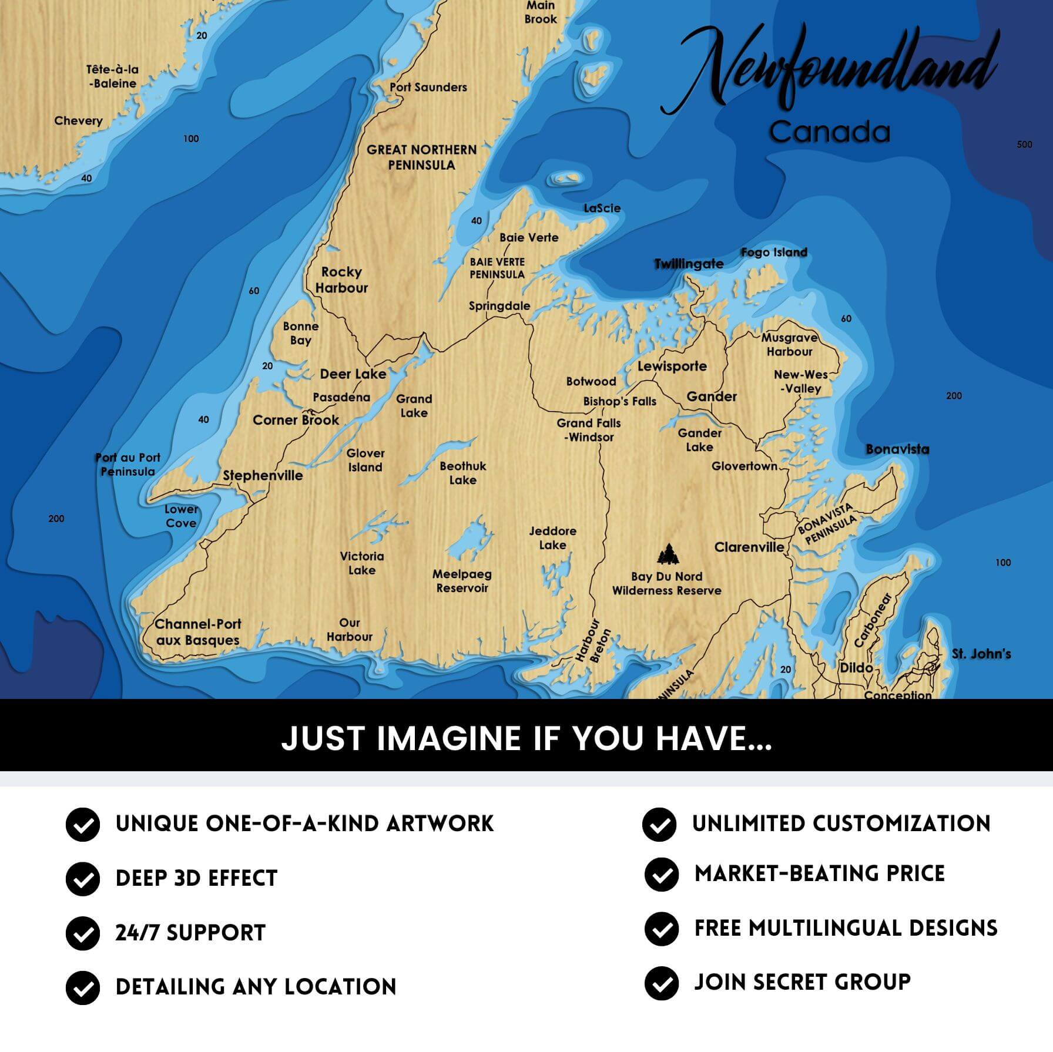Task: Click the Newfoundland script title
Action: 829,70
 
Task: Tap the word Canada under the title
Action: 829,132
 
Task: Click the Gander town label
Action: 711,396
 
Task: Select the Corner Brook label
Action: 296,420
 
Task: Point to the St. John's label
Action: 981,654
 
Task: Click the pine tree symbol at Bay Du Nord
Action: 668,554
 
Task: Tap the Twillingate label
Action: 689,264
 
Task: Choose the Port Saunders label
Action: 428,87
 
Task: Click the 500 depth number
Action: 1024,144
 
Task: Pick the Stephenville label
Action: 263,475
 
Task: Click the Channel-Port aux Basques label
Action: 197,632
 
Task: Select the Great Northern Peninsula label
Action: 421,157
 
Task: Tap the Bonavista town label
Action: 897,449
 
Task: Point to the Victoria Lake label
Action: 361,563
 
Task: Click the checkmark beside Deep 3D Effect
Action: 83,879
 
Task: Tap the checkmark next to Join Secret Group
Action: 661,983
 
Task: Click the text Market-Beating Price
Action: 819,873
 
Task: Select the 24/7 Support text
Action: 190,933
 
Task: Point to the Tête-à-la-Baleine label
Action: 112,76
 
